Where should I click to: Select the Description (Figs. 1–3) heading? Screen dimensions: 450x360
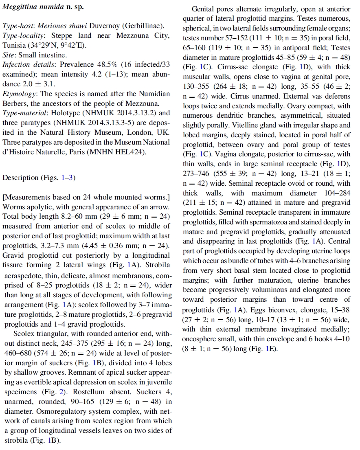(x=39, y=178)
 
